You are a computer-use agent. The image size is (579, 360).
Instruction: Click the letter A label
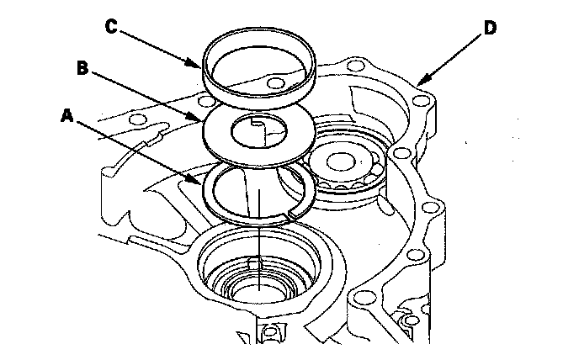coord(67,115)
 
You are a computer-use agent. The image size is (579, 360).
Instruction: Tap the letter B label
coord(82,68)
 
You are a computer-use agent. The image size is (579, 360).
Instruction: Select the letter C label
coord(111,27)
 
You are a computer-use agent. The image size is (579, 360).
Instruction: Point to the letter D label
coord(490,28)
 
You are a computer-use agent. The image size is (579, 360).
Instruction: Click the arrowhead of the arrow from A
coord(197,180)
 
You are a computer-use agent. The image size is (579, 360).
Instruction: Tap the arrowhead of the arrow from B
coord(197,118)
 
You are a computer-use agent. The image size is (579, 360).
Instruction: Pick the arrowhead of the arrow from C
coord(196,64)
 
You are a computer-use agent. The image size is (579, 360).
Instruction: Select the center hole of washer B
coord(259,131)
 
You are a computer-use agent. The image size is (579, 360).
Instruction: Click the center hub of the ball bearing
coord(341,162)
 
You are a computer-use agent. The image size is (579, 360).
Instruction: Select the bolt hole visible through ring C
coord(275,83)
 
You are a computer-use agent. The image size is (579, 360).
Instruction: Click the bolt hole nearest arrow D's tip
coord(420,100)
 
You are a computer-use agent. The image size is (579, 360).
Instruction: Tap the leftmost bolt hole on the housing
coord(139,119)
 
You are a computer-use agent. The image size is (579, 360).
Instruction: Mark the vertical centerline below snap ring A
coord(259,240)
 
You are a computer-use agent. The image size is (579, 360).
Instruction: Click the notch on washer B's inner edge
coord(257,121)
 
